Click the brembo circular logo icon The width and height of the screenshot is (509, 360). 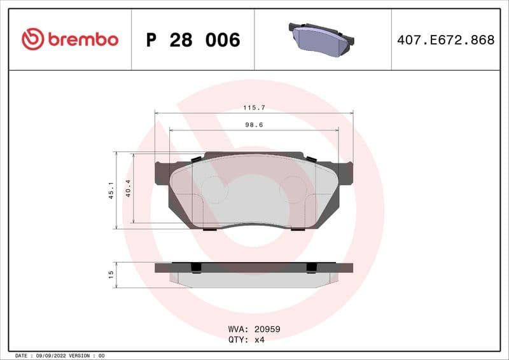[x=32, y=39]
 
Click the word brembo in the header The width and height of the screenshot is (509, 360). [x=83, y=39]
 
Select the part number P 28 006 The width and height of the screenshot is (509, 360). [x=193, y=40]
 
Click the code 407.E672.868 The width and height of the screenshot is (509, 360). [x=445, y=40]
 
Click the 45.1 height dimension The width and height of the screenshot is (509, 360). [x=111, y=190]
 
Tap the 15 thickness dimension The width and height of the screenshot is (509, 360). [x=111, y=274]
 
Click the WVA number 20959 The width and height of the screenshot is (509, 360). [x=267, y=329]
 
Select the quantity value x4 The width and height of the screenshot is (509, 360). [x=259, y=340]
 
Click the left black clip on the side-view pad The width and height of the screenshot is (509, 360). [x=196, y=267]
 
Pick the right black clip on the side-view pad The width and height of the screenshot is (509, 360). [x=311, y=267]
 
